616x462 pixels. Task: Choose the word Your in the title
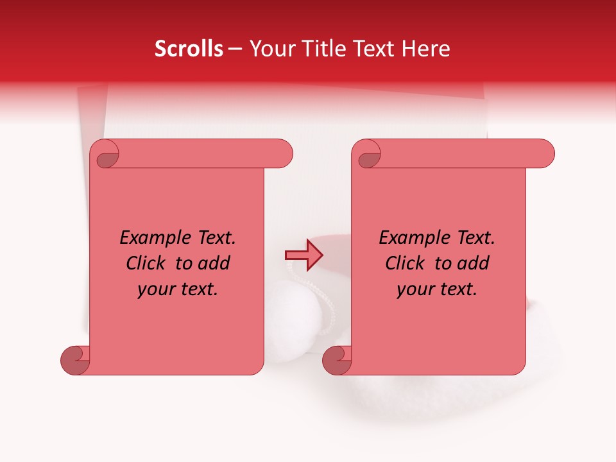270,49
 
